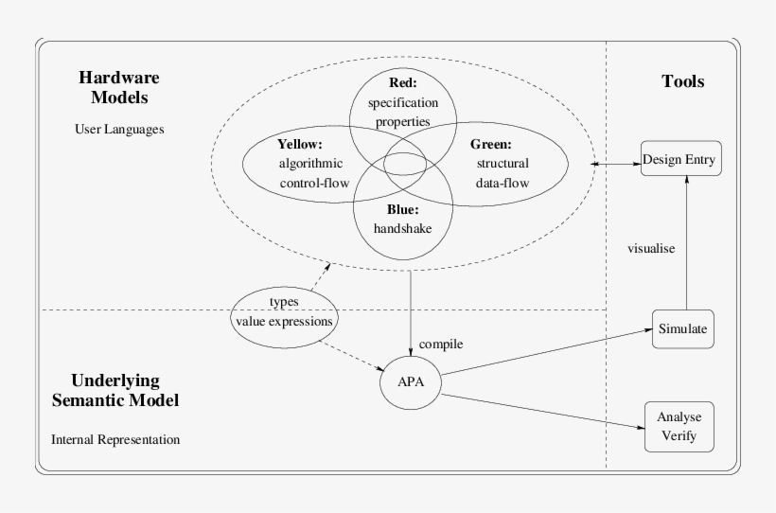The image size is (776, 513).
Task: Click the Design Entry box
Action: pyautogui.click(x=681, y=159)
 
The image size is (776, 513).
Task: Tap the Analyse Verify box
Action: pyautogui.click(x=678, y=427)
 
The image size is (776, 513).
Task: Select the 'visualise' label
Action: pyautogui.click(x=650, y=249)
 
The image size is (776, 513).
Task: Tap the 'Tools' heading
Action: pyautogui.click(x=682, y=81)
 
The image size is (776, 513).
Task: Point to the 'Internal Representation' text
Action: pyautogui.click(x=115, y=439)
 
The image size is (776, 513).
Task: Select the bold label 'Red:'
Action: pyautogui.click(x=402, y=81)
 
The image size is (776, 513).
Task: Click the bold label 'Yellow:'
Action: pyautogui.click(x=301, y=145)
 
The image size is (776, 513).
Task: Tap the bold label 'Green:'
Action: pyautogui.click(x=490, y=145)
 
